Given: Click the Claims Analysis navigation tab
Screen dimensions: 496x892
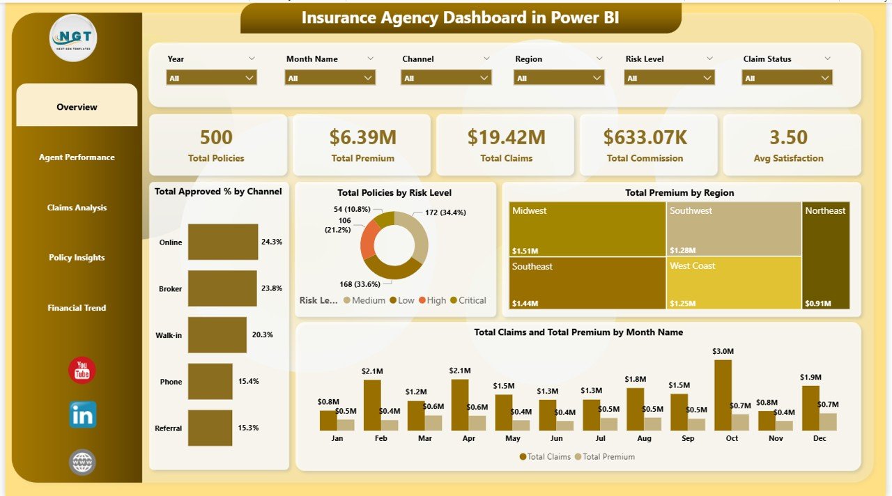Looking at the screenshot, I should coord(77,208).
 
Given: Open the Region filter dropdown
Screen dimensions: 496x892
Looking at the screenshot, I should coord(558,78).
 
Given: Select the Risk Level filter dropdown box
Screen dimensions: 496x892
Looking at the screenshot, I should coord(669,78).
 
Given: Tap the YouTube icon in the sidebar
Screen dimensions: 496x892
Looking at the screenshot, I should coord(82,371).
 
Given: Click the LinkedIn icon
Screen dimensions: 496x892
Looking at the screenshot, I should coord(82,414).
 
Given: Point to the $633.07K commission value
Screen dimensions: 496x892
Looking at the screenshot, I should coord(647,137).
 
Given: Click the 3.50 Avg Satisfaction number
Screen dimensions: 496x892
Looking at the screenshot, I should coord(788,137).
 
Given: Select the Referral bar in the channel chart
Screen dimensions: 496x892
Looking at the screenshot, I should coord(210,428).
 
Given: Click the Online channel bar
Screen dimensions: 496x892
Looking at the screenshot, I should coord(222,242).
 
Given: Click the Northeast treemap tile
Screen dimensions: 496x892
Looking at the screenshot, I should coord(826,255).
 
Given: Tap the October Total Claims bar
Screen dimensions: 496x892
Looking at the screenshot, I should coord(723,394).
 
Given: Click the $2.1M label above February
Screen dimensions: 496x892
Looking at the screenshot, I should coord(373,371).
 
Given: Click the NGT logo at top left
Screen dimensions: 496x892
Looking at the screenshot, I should coord(73,38).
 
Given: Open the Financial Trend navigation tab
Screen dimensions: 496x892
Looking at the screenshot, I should coord(77,308).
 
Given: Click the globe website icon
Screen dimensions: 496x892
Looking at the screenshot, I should coord(82,462).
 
